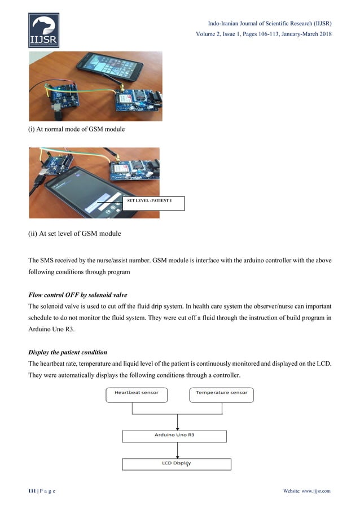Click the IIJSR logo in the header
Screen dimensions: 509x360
click(x=43, y=31)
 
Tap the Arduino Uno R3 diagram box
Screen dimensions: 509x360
click(x=174, y=436)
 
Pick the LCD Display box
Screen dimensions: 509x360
click(x=177, y=464)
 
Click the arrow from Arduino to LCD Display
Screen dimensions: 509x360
click(x=178, y=450)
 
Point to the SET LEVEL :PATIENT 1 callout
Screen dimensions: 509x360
click(x=153, y=201)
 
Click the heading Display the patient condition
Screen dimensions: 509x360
click(x=68, y=352)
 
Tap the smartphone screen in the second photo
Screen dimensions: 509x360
click(x=85, y=195)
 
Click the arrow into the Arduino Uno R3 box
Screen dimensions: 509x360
click(x=178, y=422)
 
